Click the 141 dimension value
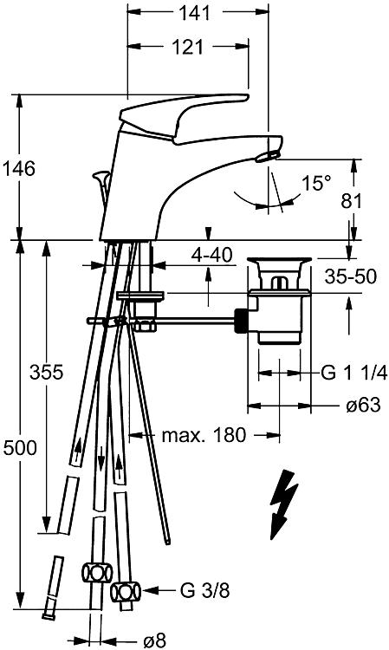click(x=194, y=13)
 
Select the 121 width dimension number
click(x=187, y=48)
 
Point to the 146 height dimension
click(x=19, y=169)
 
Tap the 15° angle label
click(x=316, y=183)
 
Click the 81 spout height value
click(x=351, y=201)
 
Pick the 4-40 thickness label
click(x=211, y=256)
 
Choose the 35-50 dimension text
click(x=351, y=276)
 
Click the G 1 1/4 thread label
click(x=354, y=373)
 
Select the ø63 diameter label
click(x=363, y=405)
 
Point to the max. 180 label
click(x=204, y=435)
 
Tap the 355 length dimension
click(x=47, y=372)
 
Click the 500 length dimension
click(x=19, y=448)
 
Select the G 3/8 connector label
click(x=204, y=590)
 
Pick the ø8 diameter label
click(x=154, y=641)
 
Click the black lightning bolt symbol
click(x=283, y=504)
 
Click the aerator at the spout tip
click(x=267, y=156)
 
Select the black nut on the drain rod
click(x=241, y=321)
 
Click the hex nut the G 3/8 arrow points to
click(x=126, y=592)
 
